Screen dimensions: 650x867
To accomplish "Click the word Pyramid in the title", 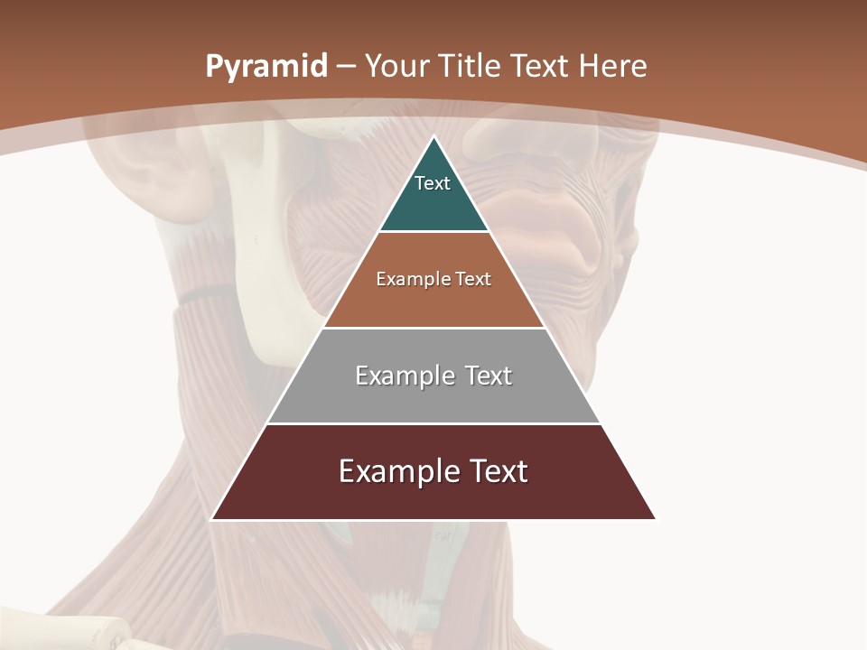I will [266, 67].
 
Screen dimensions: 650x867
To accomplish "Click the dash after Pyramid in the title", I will [346, 67].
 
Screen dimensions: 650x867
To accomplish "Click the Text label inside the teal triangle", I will [433, 183].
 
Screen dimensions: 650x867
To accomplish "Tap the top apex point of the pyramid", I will [433, 137].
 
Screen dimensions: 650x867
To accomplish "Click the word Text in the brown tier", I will [473, 279].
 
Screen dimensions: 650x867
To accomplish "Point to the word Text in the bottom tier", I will [498, 471].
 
